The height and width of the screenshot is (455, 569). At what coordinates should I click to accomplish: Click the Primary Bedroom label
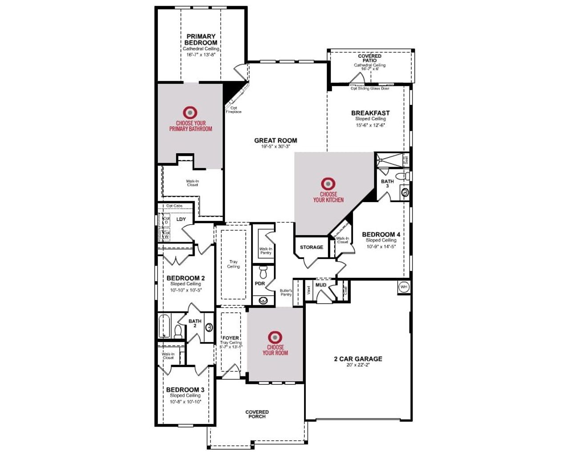click(201, 40)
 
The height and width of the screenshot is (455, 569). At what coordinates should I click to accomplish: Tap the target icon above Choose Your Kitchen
click(328, 183)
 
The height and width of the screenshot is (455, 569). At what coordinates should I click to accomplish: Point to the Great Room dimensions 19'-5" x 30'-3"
click(276, 147)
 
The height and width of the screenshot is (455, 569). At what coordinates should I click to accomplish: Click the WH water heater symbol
click(404, 287)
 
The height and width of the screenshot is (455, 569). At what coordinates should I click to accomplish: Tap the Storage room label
click(311, 247)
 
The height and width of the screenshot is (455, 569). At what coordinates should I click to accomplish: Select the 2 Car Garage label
click(358, 359)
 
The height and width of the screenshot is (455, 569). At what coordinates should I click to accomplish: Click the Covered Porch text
click(257, 414)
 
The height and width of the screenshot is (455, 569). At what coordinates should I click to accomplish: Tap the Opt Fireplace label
click(233, 110)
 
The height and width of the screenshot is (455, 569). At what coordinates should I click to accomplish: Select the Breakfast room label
click(370, 113)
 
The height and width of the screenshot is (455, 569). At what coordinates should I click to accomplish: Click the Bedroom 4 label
click(381, 234)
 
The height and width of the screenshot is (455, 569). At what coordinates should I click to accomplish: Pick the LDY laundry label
click(181, 220)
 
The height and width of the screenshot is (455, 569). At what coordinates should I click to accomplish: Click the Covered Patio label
click(369, 58)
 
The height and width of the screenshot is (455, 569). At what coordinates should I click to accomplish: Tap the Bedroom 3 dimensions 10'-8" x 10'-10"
click(185, 402)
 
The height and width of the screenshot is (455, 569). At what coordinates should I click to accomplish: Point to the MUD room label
click(321, 285)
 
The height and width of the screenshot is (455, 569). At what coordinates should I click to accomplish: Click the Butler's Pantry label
click(286, 292)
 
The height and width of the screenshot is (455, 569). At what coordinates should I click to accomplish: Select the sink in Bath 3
click(405, 192)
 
